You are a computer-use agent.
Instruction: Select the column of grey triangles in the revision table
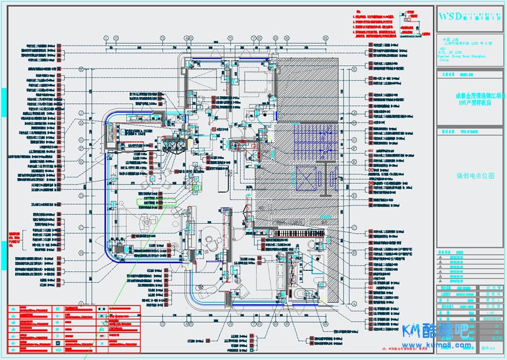(x=440, y=266)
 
